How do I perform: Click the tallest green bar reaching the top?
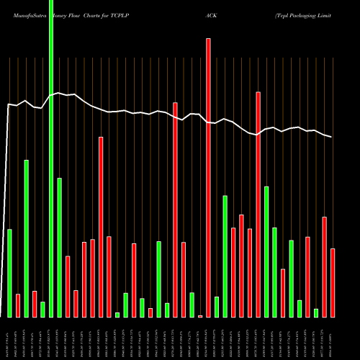(51, 158)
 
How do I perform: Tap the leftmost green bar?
(9, 273)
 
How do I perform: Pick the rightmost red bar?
(333, 282)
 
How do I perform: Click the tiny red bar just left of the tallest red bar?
(200, 315)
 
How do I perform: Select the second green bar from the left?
(26, 238)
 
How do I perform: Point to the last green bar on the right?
(316, 312)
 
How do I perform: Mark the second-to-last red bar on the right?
(324, 266)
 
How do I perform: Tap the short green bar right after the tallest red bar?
(217, 307)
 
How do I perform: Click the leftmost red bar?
(18, 305)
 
